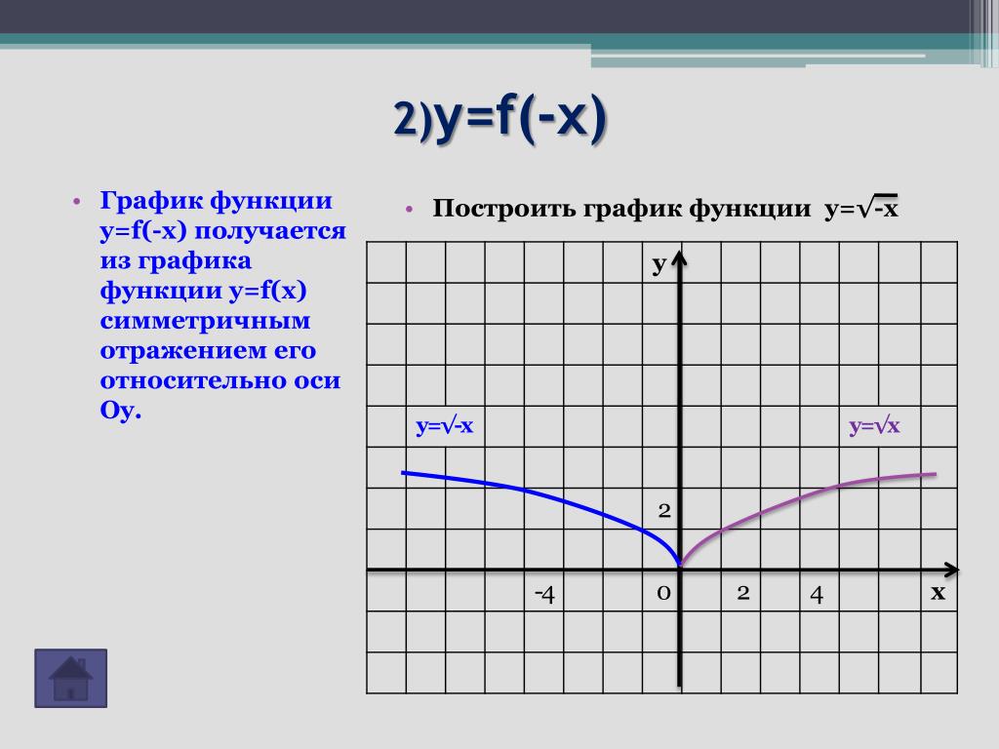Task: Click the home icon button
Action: click(x=70, y=679)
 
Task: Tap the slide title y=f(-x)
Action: click(x=499, y=118)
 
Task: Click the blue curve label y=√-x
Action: click(x=445, y=425)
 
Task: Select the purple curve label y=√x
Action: click(x=874, y=425)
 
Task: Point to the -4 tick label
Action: click(x=544, y=594)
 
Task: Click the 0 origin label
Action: click(x=663, y=593)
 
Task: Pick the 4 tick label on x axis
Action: click(x=817, y=594)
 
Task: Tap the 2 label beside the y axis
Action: click(x=664, y=510)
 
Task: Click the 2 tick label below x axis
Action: click(x=742, y=593)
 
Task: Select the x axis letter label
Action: click(x=938, y=592)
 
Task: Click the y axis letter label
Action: click(x=659, y=263)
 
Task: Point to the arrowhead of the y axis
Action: click(x=680, y=252)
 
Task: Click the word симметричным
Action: click(x=205, y=320)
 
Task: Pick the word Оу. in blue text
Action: click(x=120, y=411)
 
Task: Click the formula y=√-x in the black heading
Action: click(x=860, y=207)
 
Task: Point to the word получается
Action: click(x=270, y=231)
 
